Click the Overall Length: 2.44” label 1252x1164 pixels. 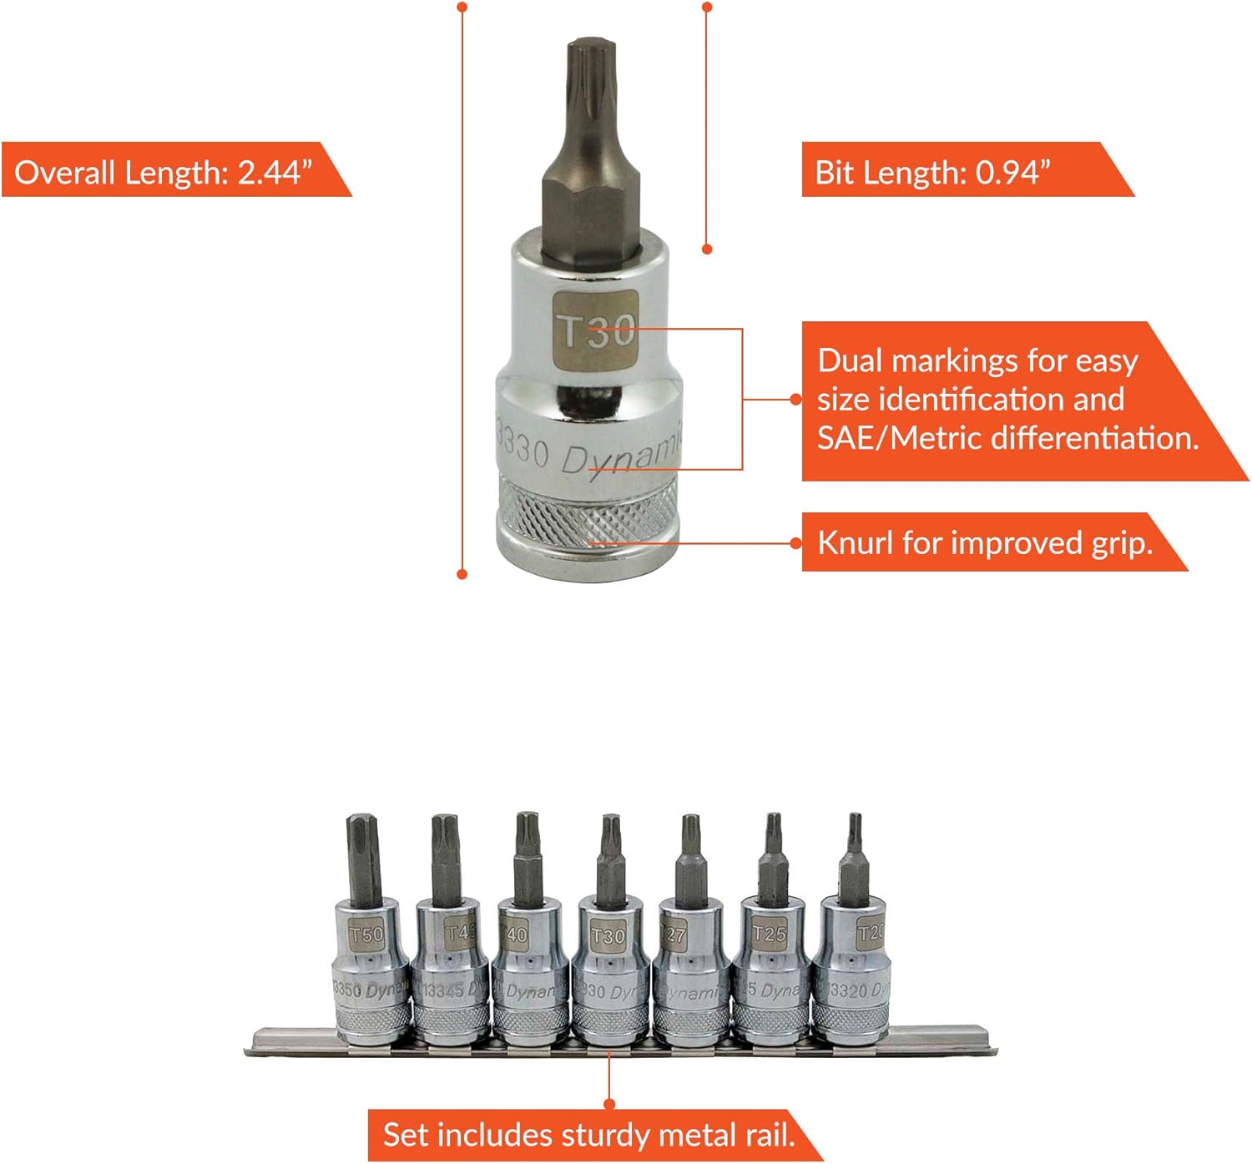(x=164, y=172)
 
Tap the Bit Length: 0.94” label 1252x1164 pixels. (x=932, y=172)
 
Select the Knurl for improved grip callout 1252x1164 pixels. (x=985, y=542)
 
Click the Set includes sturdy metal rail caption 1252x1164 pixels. (x=588, y=1135)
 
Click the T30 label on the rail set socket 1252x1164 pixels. (x=608, y=935)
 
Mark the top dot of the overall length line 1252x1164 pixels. (x=462, y=8)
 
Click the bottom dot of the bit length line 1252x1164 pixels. (x=707, y=249)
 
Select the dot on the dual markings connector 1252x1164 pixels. (x=795, y=399)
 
